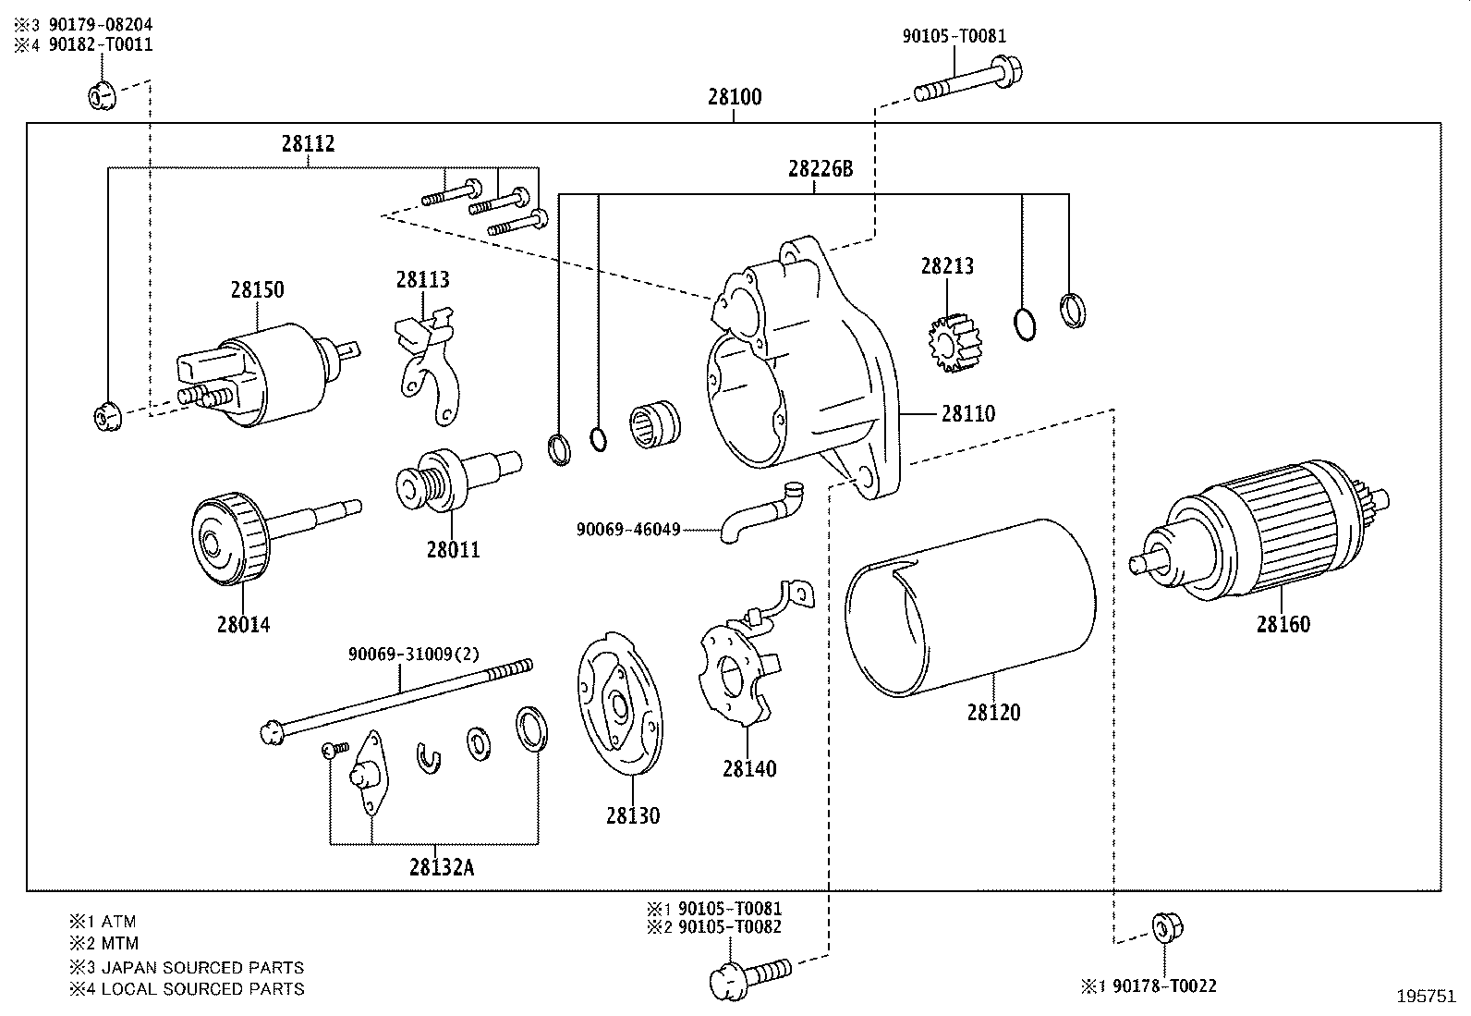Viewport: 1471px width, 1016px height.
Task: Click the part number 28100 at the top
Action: pyautogui.click(x=735, y=97)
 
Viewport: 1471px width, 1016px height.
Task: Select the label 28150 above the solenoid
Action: pyautogui.click(x=257, y=290)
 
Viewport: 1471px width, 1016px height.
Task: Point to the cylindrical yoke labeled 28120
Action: pyautogui.click(x=970, y=610)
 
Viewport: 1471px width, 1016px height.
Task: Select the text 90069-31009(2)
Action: pyautogui.click(x=413, y=654)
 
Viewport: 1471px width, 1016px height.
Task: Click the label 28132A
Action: pyautogui.click(x=442, y=867)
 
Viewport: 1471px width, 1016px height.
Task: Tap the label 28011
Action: pyautogui.click(x=453, y=550)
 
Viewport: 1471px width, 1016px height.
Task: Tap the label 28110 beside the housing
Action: pyautogui.click(x=968, y=413)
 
